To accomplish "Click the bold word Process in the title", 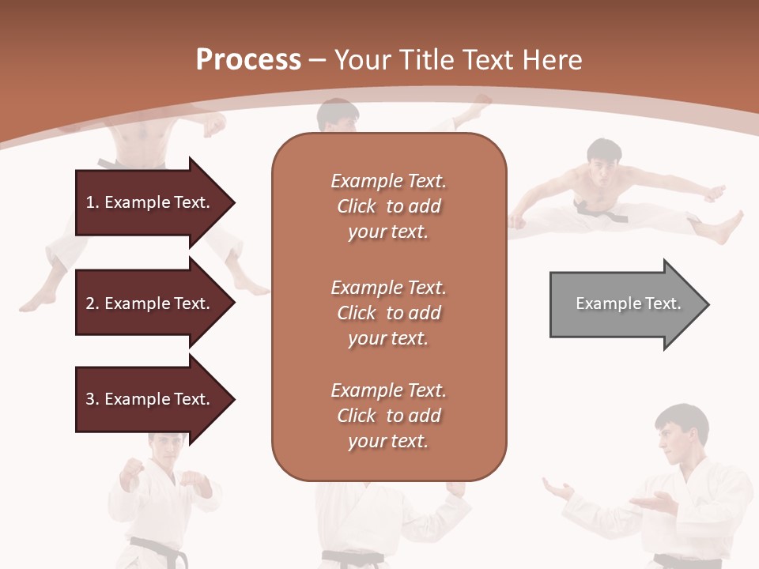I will pos(248,60).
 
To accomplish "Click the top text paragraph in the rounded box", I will pos(388,206).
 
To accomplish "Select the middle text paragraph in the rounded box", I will pos(388,313).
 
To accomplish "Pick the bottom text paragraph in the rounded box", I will pos(388,416).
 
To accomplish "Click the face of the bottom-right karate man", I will pos(675,435).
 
